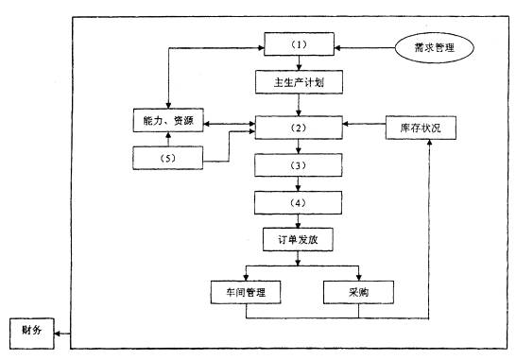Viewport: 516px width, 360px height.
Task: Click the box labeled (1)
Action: [300, 43]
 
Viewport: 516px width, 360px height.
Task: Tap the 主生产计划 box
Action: [300, 82]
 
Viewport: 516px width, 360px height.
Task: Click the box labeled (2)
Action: [300, 125]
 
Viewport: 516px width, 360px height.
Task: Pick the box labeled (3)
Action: [300, 165]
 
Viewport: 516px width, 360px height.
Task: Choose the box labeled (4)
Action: [300, 201]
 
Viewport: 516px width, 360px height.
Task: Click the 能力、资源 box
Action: [167, 123]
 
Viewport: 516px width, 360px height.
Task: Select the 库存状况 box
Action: [421, 127]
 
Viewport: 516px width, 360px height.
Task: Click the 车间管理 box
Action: [246, 292]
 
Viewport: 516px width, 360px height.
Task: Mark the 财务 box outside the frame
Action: [27, 330]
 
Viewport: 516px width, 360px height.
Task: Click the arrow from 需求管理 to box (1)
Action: [364, 44]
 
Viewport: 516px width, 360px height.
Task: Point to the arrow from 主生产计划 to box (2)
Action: [300, 103]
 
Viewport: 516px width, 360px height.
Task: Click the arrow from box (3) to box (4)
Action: [300, 183]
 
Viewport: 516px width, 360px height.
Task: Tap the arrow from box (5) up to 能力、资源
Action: [167, 140]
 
